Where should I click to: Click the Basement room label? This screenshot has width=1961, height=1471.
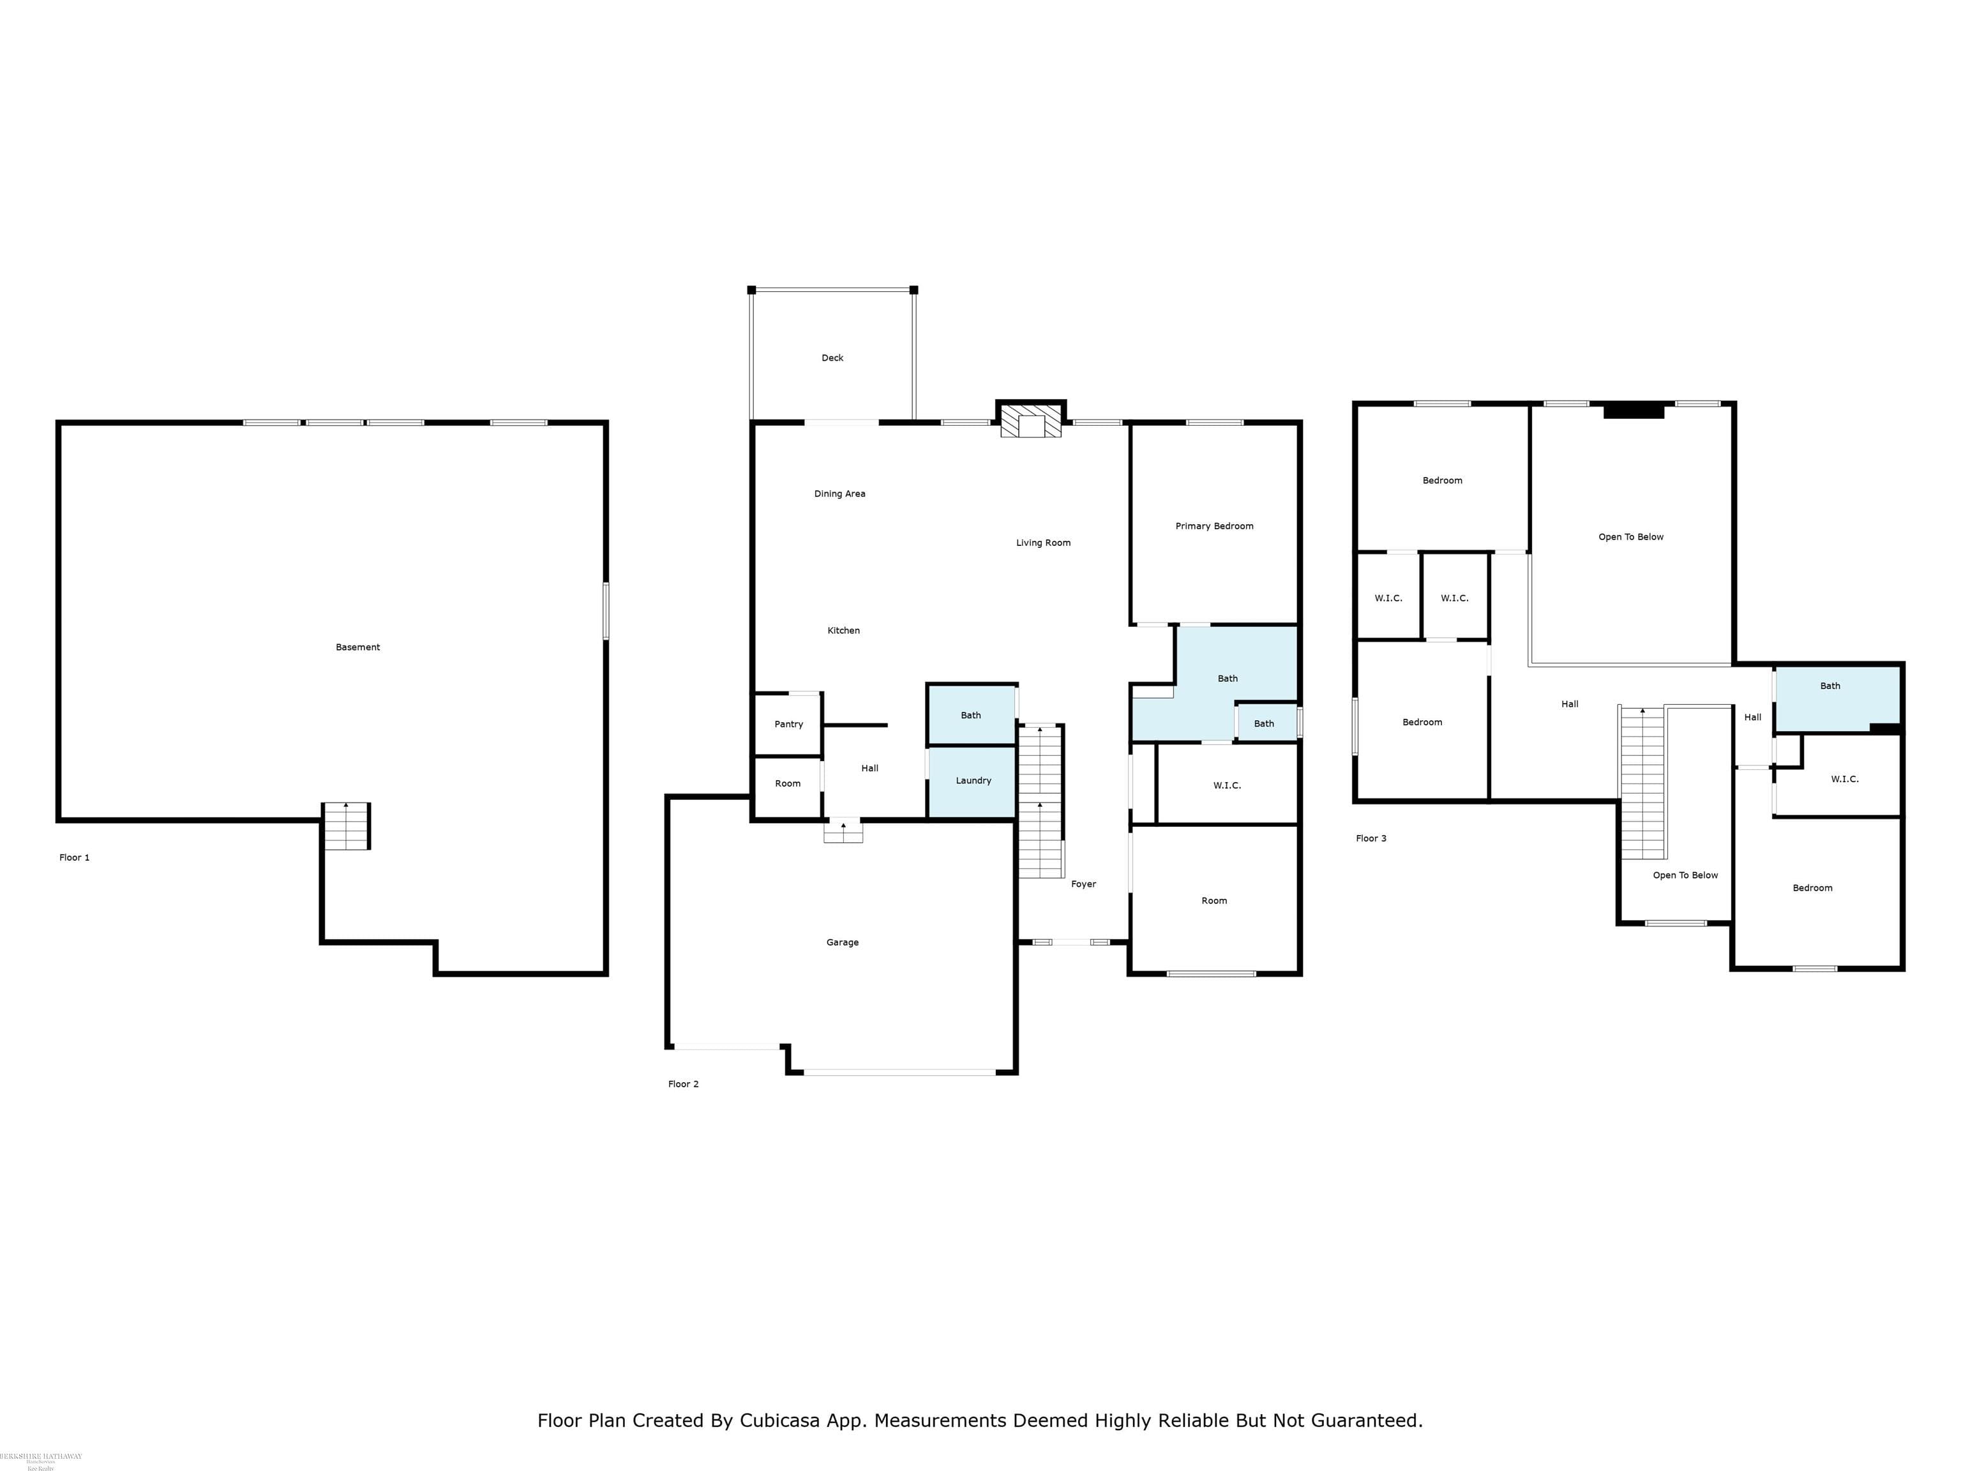click(357, 647)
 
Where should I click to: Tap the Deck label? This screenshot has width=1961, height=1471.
click(832, 358)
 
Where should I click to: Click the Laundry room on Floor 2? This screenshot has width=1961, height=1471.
click(973, 780)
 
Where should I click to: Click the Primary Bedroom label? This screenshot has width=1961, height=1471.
click(1213, 526)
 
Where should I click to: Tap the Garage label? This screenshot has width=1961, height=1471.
click(842, 942)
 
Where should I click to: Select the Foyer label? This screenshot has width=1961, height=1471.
click(1083, 884)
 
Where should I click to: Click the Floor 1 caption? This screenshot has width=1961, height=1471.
click(75, 857)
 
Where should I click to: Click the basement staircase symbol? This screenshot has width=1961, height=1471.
click(346, 826)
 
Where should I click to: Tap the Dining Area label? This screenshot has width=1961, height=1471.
click(839, 494)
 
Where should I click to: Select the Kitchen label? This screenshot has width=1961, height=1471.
click(843, 630)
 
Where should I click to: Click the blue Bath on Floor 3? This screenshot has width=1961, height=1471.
click(1830, 686)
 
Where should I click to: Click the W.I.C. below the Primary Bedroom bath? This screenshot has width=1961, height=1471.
click(1226, 785)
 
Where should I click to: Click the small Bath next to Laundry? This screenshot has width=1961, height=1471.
click(971, 716)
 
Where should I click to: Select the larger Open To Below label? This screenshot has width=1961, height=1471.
click(1630, 538)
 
